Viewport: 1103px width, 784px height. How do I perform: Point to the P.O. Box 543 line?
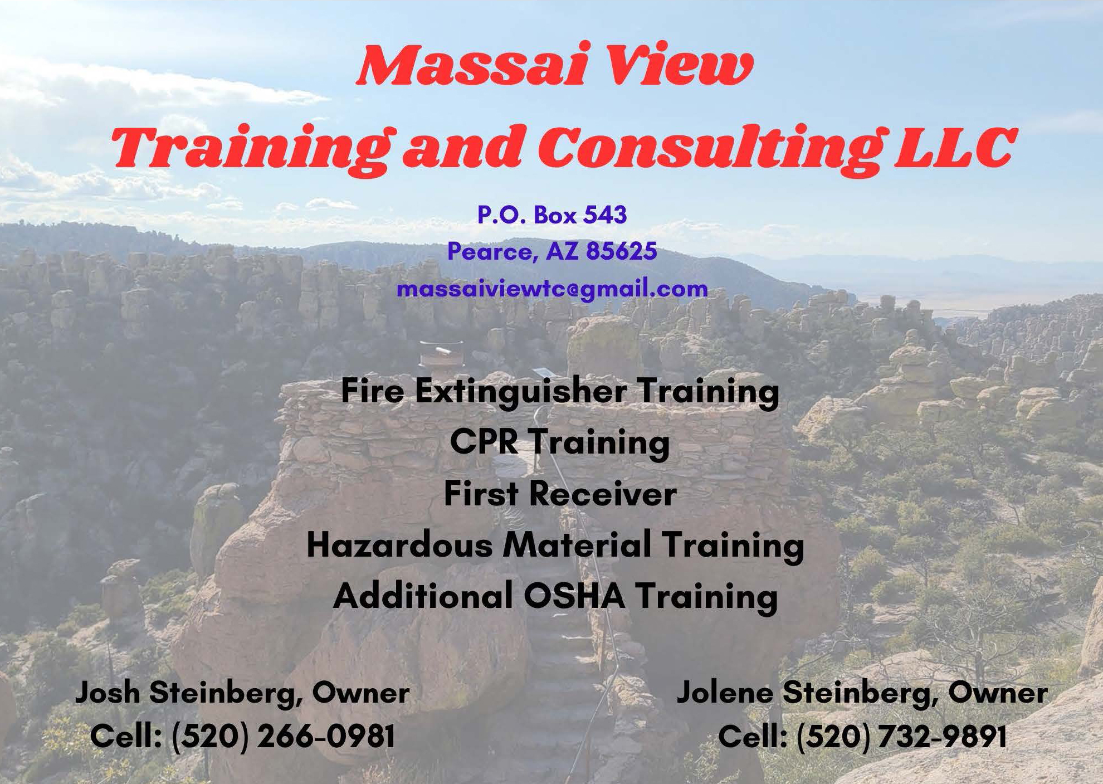pyautogui.click(x=552, y=215)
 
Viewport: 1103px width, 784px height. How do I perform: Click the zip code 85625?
pyautogui.click(x=622, y=251)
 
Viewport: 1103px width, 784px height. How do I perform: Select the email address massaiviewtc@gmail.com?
pyautogui.click(x=552, y=289)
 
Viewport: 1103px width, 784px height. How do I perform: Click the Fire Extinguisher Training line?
pyautogui.click(x=559, y=392)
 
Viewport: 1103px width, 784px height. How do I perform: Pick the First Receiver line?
pyautogui.click(x=560, y=493)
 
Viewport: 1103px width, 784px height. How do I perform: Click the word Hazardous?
pyautogui.click(x=399, y=544)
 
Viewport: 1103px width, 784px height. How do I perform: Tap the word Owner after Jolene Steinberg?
pyautogui.click(x=998, y=693)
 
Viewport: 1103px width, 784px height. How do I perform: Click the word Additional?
pyautogui.click(x=423, y=596)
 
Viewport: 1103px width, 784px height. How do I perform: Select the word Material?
pyautogui.click(x=577, y=544)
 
